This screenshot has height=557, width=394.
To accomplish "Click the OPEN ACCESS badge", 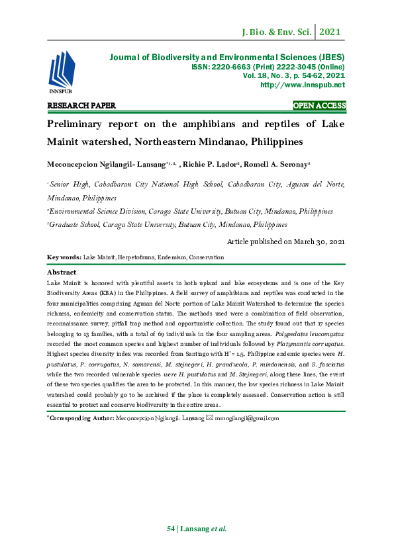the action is pos(319,106).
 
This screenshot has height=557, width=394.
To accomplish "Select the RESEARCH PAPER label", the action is pos(81,106).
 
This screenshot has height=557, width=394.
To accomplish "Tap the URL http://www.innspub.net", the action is pos(303,85).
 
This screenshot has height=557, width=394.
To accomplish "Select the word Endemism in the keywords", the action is pos(170,257).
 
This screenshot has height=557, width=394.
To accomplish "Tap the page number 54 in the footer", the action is pos(171,529).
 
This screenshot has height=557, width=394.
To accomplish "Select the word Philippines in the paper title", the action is pos(271,142).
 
